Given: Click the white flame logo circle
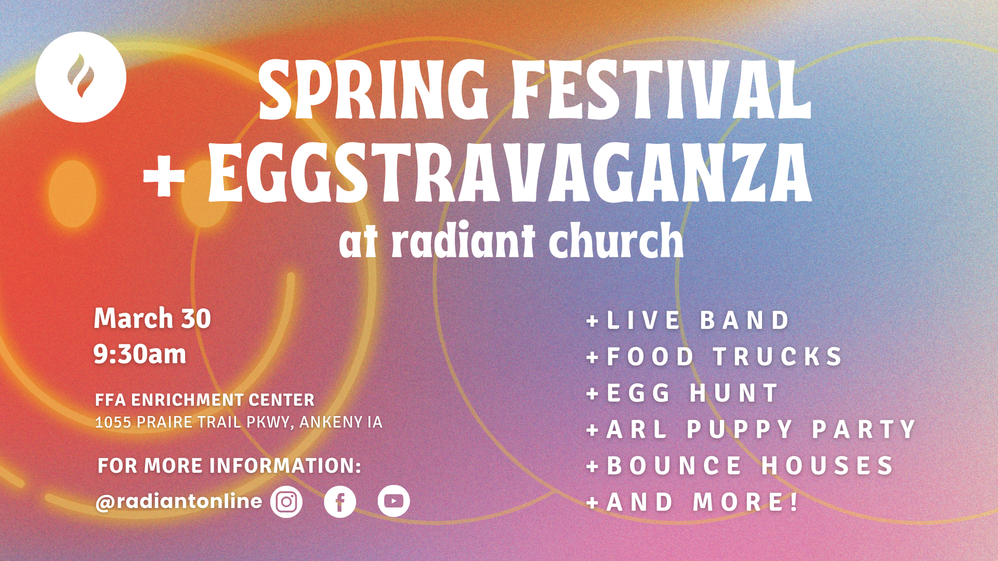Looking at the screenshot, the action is point(81,77).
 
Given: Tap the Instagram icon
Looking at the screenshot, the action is point(286,502).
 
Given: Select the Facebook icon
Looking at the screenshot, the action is point(340,502).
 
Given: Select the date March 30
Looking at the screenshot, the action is point(152,318).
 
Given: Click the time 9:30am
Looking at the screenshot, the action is point(140,355).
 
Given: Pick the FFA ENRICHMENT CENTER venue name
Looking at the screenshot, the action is point(205,400).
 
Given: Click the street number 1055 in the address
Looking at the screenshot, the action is point(113,422).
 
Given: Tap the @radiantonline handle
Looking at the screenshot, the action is point(179,502).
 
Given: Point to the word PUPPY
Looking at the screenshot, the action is point(740,430).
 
